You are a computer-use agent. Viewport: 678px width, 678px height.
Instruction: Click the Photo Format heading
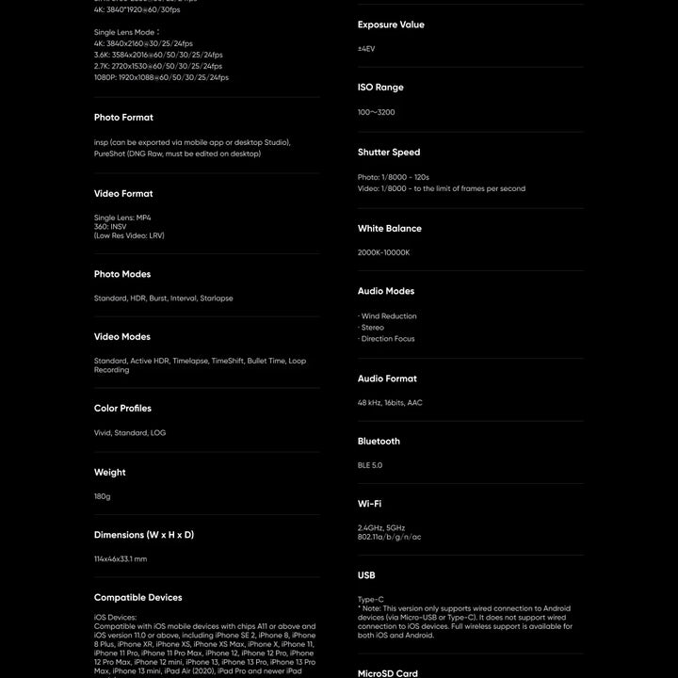[123, 118]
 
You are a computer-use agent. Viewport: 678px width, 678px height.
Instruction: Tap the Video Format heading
[123, 194]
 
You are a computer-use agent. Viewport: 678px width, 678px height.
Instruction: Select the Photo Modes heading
[122, 274]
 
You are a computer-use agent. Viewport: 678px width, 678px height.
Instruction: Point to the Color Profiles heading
[122, 409]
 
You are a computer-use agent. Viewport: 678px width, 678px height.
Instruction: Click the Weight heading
[109, 473]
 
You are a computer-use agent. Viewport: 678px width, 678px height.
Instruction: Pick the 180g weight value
[103, 496]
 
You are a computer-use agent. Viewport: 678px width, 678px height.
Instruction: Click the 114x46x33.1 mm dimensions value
[121, 559]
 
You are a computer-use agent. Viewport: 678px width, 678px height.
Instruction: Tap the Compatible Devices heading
[137, 598]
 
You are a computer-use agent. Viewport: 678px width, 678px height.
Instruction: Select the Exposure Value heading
[391, 24]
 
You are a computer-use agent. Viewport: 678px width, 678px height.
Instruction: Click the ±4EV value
[366, 49]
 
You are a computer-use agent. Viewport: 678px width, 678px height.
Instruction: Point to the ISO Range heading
[380, 88]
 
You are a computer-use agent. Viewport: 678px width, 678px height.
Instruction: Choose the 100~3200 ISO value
[377, 112]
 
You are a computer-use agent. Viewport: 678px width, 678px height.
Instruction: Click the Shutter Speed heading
[389, 153]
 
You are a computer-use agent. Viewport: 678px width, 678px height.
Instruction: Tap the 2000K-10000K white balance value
[384, 252]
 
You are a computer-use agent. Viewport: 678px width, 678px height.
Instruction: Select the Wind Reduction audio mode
[389, 316]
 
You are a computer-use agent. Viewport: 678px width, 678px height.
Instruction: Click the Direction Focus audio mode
[388, 339]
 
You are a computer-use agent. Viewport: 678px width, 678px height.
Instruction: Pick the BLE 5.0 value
[370, 465]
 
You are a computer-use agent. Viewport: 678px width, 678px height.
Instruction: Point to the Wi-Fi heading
[369, 504]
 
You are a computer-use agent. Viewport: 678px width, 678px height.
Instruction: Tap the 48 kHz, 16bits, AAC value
[390, 403]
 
